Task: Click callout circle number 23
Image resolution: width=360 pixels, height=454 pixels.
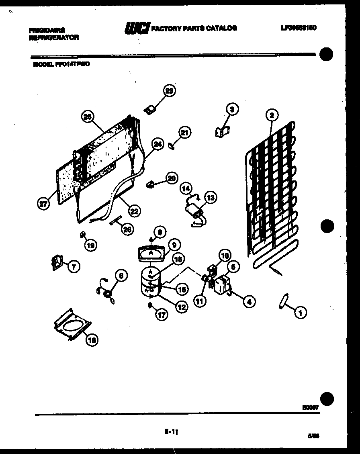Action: [x=170, y=91]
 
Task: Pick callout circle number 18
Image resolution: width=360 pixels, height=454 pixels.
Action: [x=92, y=340]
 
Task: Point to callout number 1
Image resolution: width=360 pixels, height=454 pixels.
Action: [x=299, y=311]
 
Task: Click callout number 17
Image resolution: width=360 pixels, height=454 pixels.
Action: [x=162, y=315]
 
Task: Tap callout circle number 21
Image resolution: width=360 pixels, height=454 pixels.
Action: [x=184, y=132]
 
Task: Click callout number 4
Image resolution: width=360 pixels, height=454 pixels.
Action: [x=250, y=301]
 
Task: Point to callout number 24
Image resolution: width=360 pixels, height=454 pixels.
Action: [x=158, y=145]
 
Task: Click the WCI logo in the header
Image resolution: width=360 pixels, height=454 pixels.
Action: [x=137, y=28]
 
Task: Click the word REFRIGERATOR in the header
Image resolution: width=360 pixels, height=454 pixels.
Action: [x=54, y=37]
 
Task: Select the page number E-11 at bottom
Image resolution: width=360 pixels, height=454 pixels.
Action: [x=171, y=432]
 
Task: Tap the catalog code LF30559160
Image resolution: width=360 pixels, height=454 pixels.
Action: [x=299, y=28]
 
